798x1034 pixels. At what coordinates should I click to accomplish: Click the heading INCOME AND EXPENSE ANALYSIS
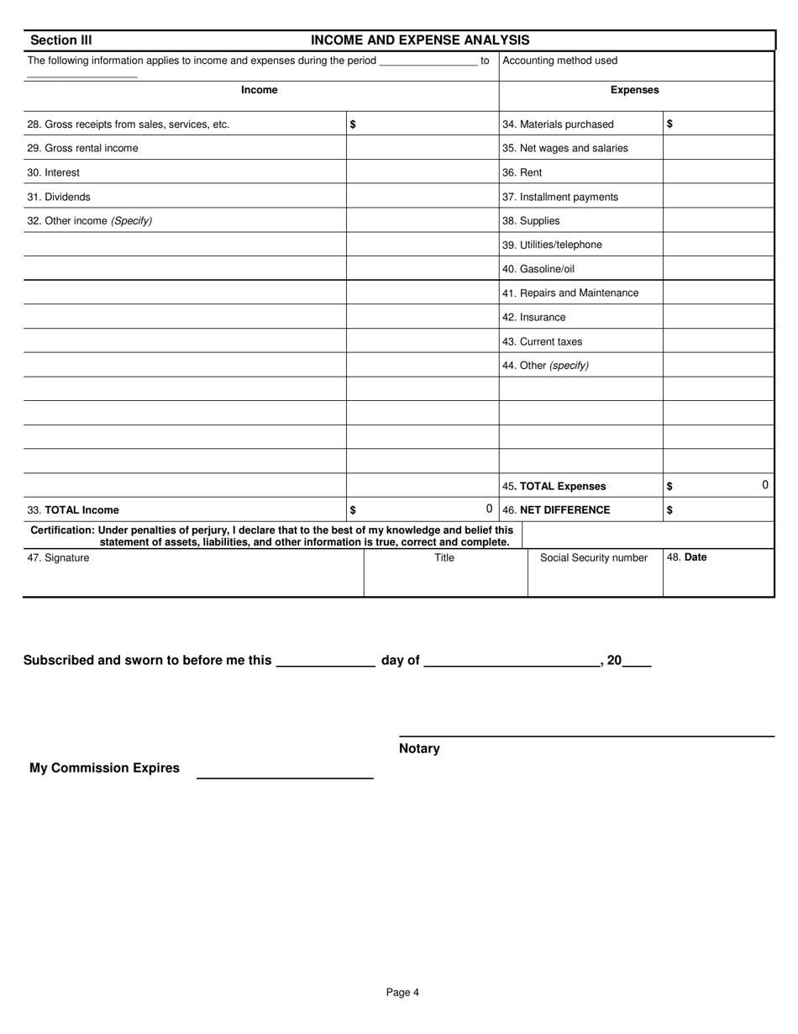coord(420,40)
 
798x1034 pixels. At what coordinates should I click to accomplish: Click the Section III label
coord(61,40)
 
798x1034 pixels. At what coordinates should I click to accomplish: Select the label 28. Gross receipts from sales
coord(128,124)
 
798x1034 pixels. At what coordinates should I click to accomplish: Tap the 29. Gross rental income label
coord(82,148)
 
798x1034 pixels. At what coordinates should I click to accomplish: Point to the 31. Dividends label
coord(59,197)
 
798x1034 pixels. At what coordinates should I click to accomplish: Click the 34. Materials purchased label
coord(558,124)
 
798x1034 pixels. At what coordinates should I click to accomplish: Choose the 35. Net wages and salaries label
coord(564,148)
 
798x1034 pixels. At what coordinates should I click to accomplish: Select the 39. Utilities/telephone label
coord(552,245)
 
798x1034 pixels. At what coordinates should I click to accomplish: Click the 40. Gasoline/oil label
coord(538,269)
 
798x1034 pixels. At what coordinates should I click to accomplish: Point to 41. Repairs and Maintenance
coord(570,293)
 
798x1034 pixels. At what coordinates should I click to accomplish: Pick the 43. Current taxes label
coord(542,341)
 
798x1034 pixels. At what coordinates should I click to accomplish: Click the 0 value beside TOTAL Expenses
coord(764,485)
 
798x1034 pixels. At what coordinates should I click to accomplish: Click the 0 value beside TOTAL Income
coord(489,509)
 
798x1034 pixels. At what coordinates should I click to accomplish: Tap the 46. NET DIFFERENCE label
coord(556,509)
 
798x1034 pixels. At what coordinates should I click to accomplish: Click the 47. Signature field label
coord(58,557)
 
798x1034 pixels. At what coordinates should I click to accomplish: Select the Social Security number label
coord(593,557)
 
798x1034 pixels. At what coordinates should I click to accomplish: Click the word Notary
coord(419,748)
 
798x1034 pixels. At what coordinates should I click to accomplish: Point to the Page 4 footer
coord(402,992)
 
